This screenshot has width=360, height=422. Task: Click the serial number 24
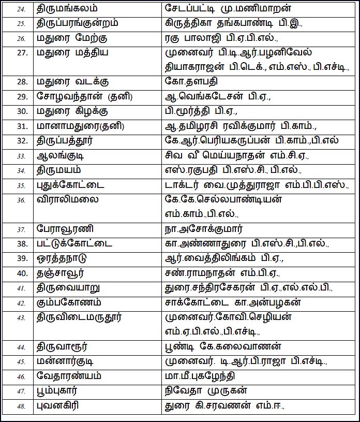point(20,9)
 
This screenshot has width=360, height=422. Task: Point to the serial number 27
point(21,53)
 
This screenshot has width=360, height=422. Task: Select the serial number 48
point(21,406)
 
